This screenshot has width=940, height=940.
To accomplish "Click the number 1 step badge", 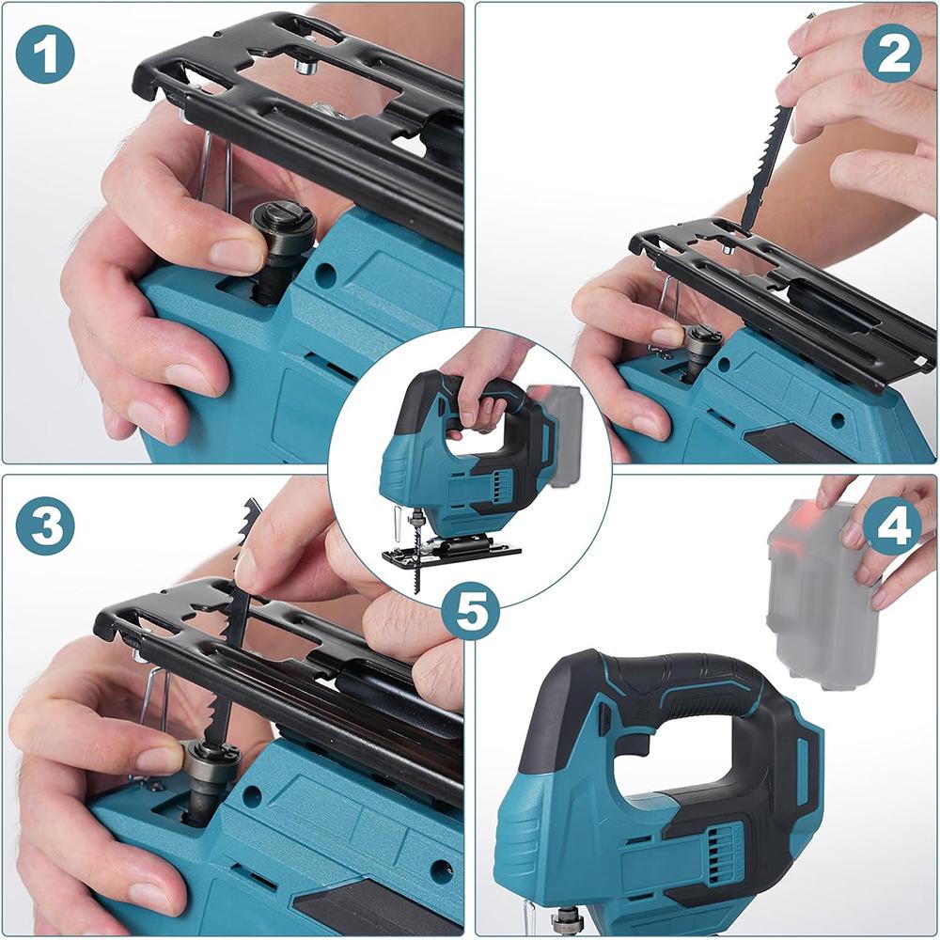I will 44,55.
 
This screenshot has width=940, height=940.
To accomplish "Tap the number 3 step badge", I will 44,526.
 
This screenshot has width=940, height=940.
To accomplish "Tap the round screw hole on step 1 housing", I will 326,274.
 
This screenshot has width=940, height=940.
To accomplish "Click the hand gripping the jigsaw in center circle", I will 484,376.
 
